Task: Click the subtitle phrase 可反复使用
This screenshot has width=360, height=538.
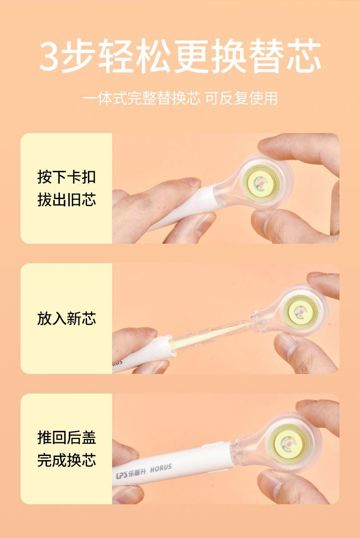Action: coord(241,98)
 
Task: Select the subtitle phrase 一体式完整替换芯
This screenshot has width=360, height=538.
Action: coord(142,98)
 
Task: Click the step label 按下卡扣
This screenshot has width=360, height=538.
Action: coord(67,177)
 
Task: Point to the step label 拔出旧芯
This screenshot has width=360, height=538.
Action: coord(67,200)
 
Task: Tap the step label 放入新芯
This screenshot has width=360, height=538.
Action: coord(67,318)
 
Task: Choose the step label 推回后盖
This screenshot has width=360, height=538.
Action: coord(67,437)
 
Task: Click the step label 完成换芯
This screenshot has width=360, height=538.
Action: coord(67,460)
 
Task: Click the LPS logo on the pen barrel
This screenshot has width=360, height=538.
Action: coord(122,475)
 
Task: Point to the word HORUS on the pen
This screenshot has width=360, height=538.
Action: coord(160,468)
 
